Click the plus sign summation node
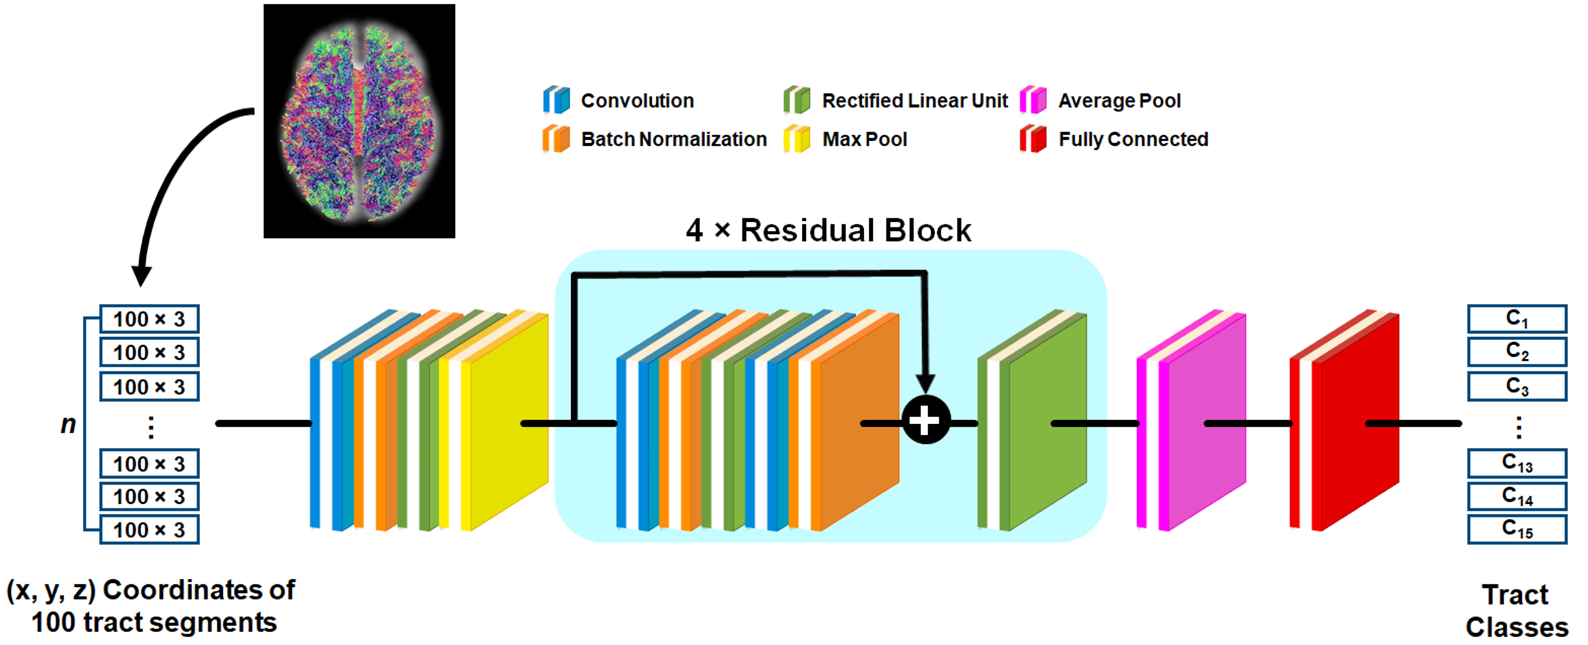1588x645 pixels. pos(925,421)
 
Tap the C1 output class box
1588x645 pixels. pos(1516,319)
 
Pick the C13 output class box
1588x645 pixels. pos(1516,463)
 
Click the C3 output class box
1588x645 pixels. pos(1516,386)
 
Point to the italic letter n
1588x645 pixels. pos(68,424)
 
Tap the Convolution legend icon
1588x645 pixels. pos(556,100)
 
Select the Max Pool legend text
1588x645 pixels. pos(864,139)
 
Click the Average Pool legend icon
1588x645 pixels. pos(1033,100)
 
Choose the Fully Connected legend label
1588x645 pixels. pos(1133,139)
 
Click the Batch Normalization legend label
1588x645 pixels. pos(674,139)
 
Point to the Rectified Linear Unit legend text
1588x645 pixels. pos(915,101)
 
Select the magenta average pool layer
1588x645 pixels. pos(1205,426)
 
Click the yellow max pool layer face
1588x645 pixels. pos(509,426)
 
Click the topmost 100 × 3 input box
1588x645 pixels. pos(149,319)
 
